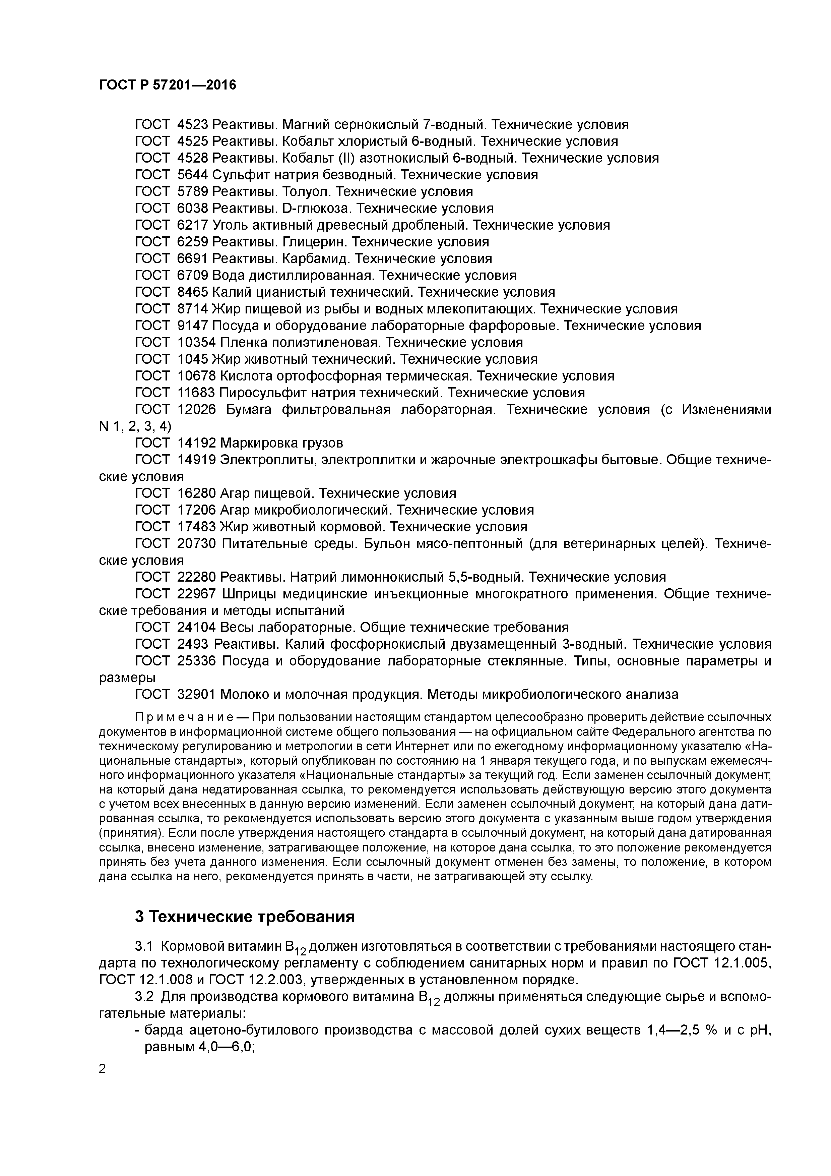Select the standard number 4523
(193, 124)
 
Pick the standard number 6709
(193, 276)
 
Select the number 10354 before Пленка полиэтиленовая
(197, 343)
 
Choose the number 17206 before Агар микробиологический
(197, 510)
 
